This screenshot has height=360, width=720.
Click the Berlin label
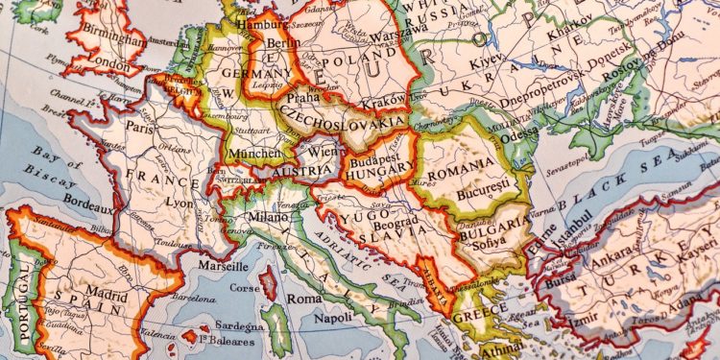pos(280,42)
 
